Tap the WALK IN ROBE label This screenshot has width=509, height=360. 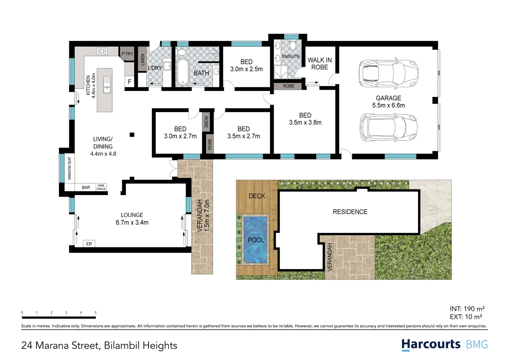click(x=319, y=64)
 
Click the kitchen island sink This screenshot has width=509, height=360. click(x=107, y=84)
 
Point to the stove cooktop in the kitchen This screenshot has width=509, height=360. click(x=102, y=51)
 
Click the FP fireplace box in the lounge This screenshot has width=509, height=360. click(x=89, y=244)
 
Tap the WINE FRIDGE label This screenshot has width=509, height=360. click(x=101, y=187)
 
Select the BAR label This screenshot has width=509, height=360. click(x=86, y=188)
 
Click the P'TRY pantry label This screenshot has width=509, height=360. click(x=127, y=54)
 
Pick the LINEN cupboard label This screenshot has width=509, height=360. click(x=143, y=60)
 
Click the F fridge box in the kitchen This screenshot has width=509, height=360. click(x=129, y=82)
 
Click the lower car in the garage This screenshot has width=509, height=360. click(x=388, y=128)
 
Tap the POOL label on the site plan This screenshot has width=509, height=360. click(x=256, y=240)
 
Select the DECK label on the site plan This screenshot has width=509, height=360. click(x=257, y=196)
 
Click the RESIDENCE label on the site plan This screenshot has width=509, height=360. click(x=350, y=212)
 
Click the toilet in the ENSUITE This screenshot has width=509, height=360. click(x=293, y=45)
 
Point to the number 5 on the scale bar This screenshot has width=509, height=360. click(x=96, y=313)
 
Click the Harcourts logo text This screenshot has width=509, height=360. click(x=431, y=344)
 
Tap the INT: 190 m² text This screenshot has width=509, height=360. click(x=467, y=309)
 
